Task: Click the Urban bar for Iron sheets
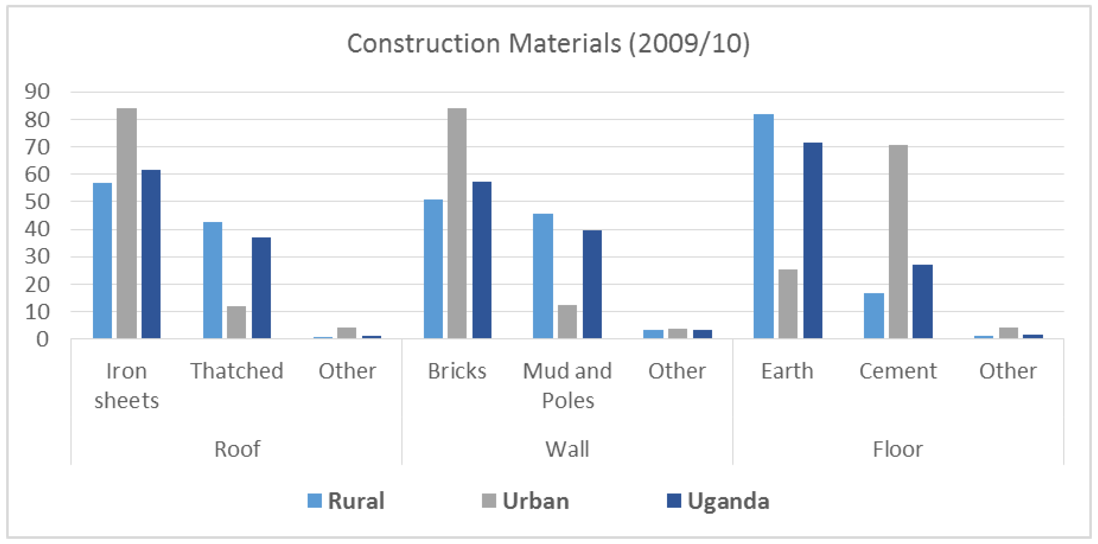pos(127,224)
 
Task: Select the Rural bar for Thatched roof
pos(212,280)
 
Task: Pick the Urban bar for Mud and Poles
pos(567,322)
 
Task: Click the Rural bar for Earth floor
pos(763,226)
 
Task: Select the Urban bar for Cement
pos(898,242)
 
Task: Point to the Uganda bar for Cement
pos(922,302)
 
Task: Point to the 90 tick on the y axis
pos(37,92)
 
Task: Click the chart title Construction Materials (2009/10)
pos(548,44)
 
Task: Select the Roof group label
pos(237,449)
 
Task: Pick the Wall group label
pos(567,449)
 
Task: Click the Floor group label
pos(898,449)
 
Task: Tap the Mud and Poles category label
pos(567,385)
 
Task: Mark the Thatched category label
pos(237,371)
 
